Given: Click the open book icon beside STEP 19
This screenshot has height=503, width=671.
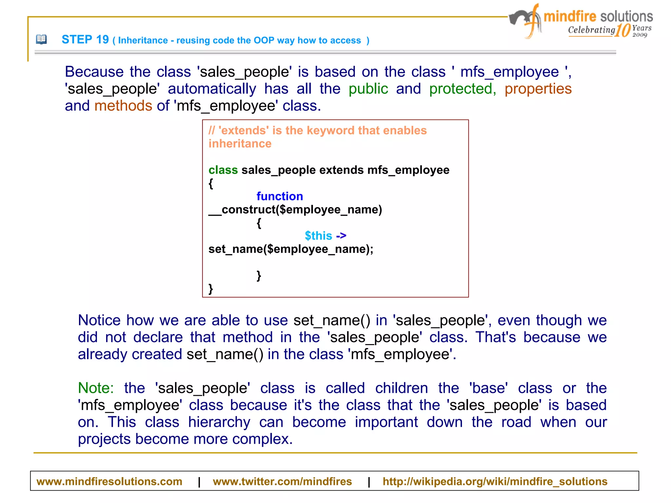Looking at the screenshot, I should pos(41,40).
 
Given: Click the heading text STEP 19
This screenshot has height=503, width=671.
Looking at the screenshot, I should pos(85,40).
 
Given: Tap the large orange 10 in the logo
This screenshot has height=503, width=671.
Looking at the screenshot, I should pos(623,30).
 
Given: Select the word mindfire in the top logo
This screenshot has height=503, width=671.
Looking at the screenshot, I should pos(570,16).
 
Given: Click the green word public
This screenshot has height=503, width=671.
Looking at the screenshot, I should pos(368,89).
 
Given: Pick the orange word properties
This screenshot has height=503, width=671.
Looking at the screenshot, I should pos(538,89).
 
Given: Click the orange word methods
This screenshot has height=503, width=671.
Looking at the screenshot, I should pos(123,106).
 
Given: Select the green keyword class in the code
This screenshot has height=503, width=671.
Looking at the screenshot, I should pos(223,170).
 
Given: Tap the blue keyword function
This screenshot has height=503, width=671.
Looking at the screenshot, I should pos(279,196).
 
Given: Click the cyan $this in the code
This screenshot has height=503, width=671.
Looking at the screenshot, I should pos(318,236).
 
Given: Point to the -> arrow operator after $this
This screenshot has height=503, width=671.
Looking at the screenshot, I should pos(341,236).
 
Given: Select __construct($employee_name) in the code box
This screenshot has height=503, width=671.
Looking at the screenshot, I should pos(295,210).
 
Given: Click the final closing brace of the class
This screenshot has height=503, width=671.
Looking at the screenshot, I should pos(211,289).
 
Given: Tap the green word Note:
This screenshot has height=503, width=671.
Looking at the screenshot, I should pos(95,388).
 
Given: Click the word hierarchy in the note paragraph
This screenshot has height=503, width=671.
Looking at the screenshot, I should pos(219,422).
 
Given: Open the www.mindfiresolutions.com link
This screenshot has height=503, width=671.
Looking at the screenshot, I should pos(109,481).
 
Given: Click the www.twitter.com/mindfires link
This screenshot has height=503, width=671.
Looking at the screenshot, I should pos(282,481).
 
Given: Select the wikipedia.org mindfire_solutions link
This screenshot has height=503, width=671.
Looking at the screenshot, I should pos(495,481).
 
